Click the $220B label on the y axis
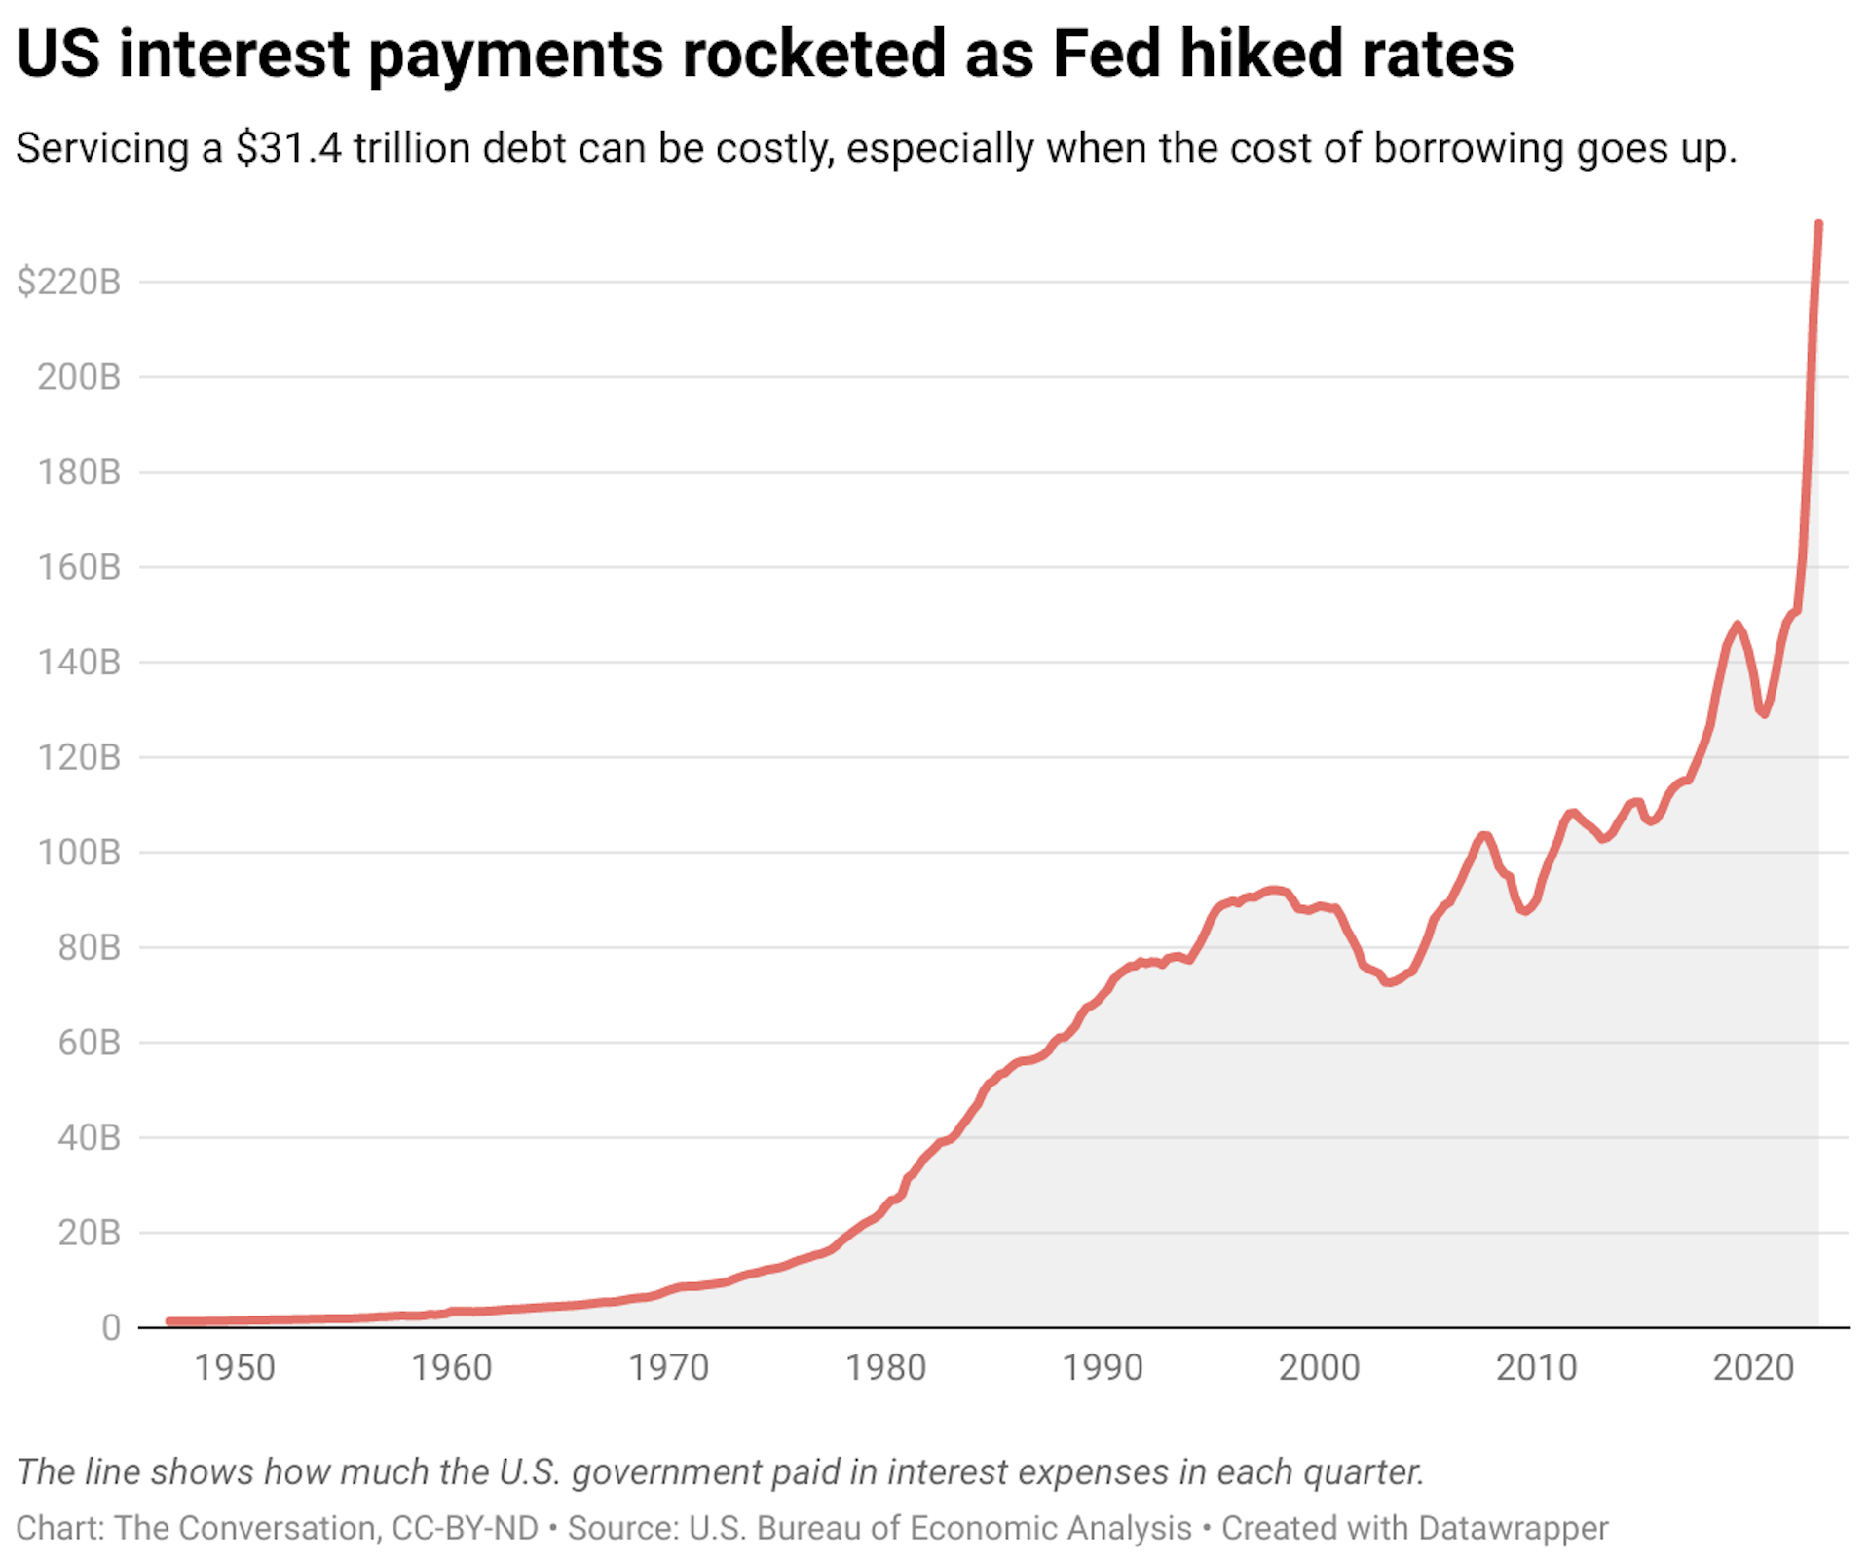point(68,282)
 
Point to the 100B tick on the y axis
point(78,853)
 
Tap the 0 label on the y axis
point(111,1327)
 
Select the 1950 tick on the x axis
point(235,1368)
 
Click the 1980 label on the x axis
point(885,1368)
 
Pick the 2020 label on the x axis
point(1753,1368)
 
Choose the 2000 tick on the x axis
point(1319,1368)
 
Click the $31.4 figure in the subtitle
point(288,149)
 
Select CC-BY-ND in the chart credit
point(465,1528)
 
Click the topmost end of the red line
point(1818,225)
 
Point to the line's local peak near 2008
point(1484,835)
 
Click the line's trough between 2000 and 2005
point(1388,982)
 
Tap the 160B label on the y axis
point(78,567)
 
